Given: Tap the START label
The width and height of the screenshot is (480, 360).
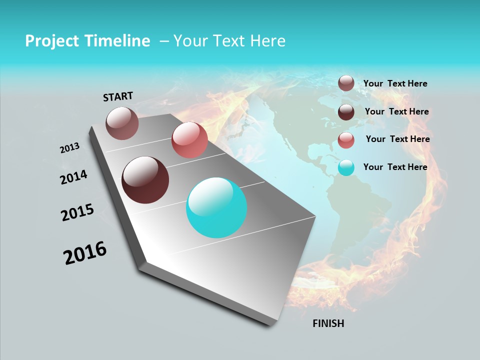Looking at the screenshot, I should click(x=118, y=96).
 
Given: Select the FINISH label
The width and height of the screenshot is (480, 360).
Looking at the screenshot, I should click(x=328, y=323).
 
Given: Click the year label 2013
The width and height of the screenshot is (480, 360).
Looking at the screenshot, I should click(x=70, y=148).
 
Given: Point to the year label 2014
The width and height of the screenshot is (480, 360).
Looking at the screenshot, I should click(x=73, y=177).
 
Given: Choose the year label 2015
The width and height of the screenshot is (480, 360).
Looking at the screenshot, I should click(x=77, y=212).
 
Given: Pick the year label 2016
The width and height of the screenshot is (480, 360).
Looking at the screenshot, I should click(x=85, y=253).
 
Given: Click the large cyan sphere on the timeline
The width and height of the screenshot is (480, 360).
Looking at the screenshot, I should click(x=216, y=207).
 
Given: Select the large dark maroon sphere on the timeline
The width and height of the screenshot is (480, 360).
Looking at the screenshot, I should click(x=145, y=180).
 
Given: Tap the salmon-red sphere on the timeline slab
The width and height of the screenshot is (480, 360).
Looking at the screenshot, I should click(x=189, y=140).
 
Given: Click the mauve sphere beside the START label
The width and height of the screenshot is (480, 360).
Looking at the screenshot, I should click(x=122, y=123).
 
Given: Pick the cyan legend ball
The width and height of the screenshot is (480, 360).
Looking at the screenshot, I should click(x=346, y=168).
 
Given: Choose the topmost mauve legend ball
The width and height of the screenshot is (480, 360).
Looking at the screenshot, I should click(x=346, y=83).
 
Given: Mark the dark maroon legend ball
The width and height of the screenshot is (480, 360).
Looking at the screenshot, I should click(x=346, y=112).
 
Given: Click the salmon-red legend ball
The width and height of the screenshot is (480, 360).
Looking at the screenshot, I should click(x=346, y=140).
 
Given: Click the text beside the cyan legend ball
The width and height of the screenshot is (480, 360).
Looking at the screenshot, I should click(x=395, y=167).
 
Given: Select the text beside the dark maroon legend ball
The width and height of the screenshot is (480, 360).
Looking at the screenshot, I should click(x=397, y=111).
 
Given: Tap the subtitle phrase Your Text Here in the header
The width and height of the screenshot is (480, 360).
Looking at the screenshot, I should click(x=229, y=41).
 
